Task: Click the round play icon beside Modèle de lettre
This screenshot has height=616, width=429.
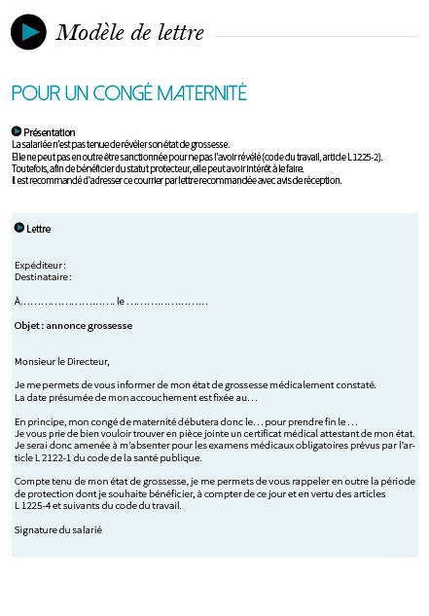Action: [28, 32]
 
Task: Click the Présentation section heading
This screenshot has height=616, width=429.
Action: [49, 131]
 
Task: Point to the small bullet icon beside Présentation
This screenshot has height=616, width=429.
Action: [17, 130]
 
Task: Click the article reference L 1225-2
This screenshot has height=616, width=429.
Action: [358, 156]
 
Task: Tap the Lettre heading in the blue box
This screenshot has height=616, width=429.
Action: [39, 229]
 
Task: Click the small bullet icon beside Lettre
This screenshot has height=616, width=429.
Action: [19, 228]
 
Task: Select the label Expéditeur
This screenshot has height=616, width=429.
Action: [40, 265]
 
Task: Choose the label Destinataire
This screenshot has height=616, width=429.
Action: [43, 276]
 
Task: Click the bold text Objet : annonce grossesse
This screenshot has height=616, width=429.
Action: [73, 326]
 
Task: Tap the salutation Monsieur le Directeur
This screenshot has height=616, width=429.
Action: [62, 361]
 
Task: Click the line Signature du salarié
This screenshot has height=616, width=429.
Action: [58, 529]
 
